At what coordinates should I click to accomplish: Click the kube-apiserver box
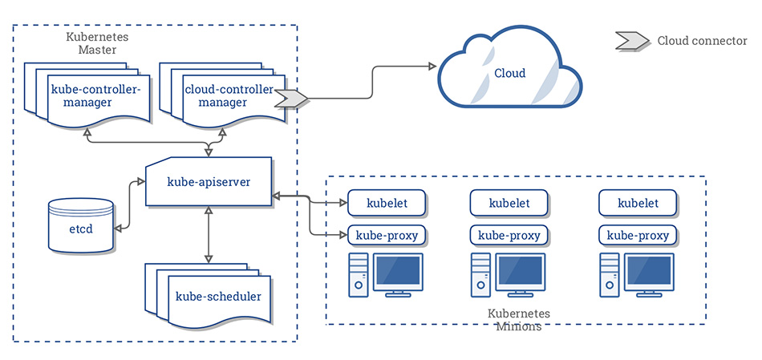tap(209, 181)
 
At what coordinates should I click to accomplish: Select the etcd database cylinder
tap(81, 225)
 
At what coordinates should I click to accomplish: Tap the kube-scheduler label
tap(218, 297)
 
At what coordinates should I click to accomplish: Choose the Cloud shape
tap(510, 71)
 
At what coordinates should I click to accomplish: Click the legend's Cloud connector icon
tap(633, 41)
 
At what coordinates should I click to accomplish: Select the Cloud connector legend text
tap(702, 41)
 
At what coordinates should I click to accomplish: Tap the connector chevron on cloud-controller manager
tap(292, 98)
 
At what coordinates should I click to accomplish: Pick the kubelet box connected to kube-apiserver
tap(387, 203)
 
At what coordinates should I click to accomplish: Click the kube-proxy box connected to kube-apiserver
tap(387, 236)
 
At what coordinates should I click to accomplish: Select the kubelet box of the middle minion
tap(509, 203)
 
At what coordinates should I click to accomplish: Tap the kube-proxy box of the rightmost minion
tap(638, 236)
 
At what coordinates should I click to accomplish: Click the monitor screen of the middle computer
tap(520, 271)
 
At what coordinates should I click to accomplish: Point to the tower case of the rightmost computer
tap(608, 275)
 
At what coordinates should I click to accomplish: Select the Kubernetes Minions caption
tap(518, 319)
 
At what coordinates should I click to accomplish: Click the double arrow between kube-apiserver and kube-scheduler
tap(209, 234)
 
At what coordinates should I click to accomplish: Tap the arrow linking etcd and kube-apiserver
tap(130, 204)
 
